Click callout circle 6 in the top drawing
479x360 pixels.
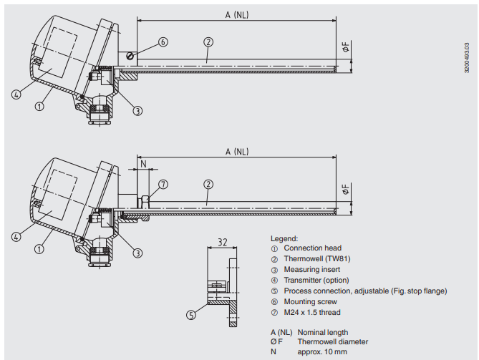(163, 42)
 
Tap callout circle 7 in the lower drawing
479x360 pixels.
(163, 184)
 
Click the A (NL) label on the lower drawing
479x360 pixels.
(236, 151)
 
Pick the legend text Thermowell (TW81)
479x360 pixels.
(316, 259)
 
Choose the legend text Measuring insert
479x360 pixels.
(311, 270)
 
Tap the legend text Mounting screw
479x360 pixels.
(310, 301)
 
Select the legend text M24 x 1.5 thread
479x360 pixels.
(312, 312)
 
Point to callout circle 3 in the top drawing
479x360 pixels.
(137, 110)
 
